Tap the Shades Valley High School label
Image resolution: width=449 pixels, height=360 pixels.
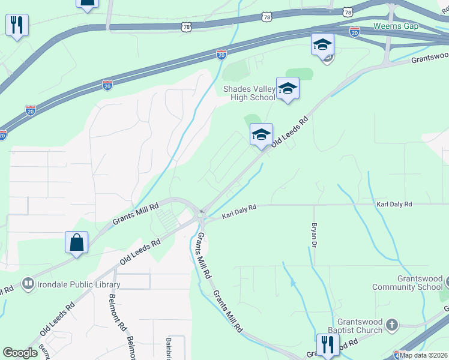click(249, 93)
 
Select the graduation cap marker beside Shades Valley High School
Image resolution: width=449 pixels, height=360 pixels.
click(288, 89)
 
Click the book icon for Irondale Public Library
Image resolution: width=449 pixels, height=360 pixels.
click(28, 283)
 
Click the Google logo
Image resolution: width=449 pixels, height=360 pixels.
click(20, 352)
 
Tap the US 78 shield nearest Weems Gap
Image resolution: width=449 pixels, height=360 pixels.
click(348, 11)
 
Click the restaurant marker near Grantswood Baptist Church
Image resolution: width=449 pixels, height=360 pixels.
click(328, 344)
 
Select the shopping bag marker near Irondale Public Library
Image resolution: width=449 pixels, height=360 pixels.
click(76, 243)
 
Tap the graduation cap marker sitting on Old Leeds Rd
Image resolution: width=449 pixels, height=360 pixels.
click(261, 134)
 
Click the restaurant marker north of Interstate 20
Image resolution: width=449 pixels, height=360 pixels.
click(16, 25)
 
